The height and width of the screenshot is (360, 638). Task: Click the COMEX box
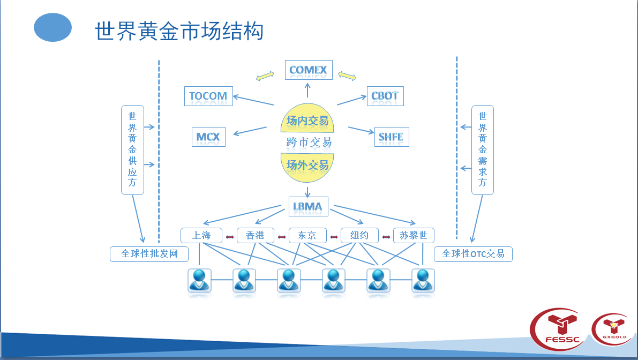[308, 70]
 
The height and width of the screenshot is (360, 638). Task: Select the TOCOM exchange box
[208, 96]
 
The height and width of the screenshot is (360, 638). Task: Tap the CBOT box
[385, 96]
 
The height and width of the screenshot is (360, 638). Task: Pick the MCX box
[208, 137]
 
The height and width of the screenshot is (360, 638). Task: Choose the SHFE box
[391, 137]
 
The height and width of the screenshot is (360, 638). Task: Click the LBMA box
[307, 206]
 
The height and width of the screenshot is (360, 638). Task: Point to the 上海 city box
[201, 236]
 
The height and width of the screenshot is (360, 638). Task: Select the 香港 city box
[255, 236]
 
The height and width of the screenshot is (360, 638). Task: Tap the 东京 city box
[307, 236]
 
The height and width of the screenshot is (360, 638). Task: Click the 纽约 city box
[359, 236]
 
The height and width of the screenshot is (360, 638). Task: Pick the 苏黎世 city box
[413, 236]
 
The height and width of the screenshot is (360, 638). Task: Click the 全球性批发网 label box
[149, 254]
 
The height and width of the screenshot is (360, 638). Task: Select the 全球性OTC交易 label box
[473, 254]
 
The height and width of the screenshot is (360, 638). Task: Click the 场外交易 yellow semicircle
[307, 165]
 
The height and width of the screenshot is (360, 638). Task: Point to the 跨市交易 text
[309, 142]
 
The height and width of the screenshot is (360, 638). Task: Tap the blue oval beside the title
[52, 28]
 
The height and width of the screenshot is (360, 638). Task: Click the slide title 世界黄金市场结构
[179, 31]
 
